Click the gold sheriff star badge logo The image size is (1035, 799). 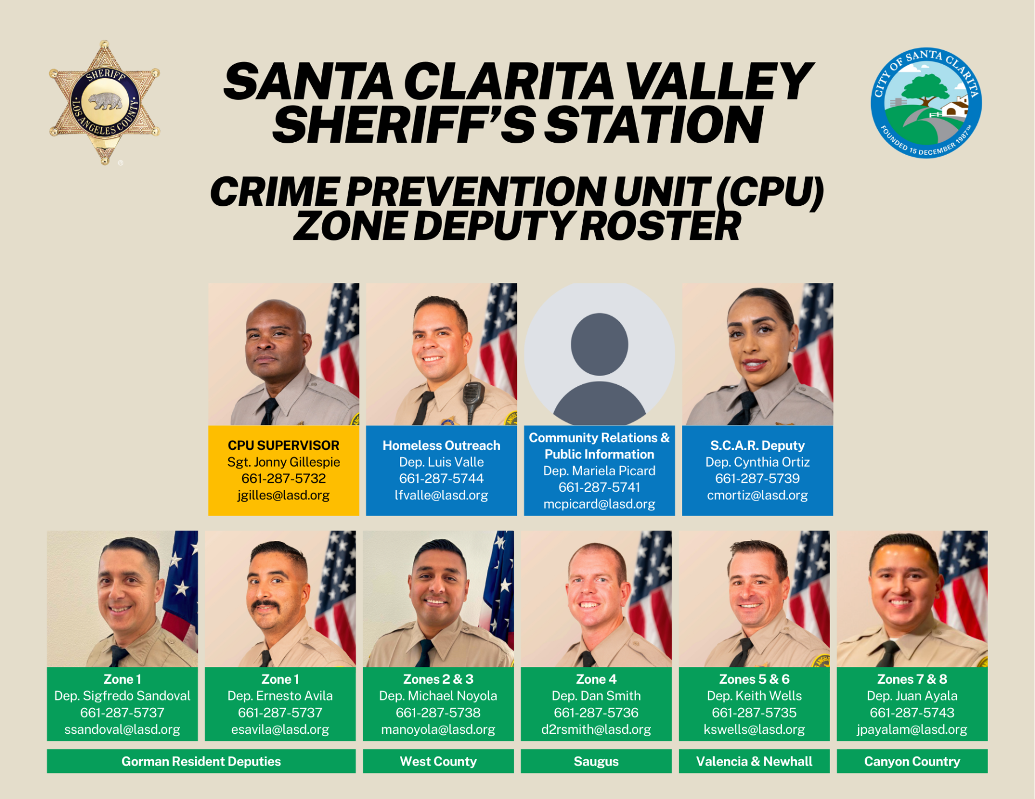coord(105,102)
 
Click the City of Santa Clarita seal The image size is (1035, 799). coord(926,102)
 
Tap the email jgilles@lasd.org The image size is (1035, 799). coord(284,495)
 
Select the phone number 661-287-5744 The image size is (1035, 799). coord(441,478)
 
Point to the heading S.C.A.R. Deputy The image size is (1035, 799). coord(757,446)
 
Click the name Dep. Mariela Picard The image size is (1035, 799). coord(599,471)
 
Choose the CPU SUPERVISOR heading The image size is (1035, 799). coord(284,446)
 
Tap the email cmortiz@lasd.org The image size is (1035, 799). coord(757,495)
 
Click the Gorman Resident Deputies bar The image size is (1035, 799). coord(201,761)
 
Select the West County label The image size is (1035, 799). coord(438,761)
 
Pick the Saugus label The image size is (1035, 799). coord(596,761)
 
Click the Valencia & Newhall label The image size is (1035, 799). coord(754,761)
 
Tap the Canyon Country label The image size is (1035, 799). coord(912,761)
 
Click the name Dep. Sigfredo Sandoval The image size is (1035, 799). coord(122,696)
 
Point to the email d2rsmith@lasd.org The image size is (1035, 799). coord(596,729)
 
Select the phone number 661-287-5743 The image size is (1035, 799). coord(912,713)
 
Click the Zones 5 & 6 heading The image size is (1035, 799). coord(754,679)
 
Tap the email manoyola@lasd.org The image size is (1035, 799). coord(438,729)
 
